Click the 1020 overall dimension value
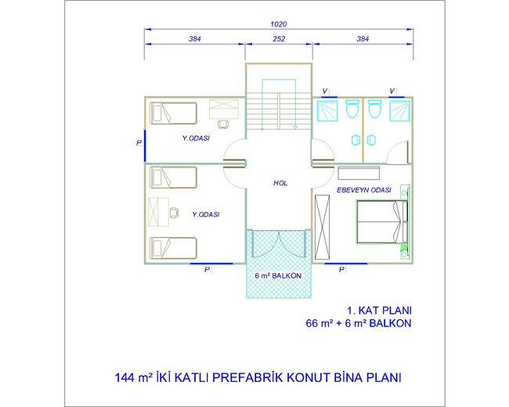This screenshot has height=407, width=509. (279, 24)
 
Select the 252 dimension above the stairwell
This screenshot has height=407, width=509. (279, 39)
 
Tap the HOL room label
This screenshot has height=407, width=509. (280, 183)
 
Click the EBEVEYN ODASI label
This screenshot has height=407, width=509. (363, 190)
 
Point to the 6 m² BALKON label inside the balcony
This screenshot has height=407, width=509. (278, 276)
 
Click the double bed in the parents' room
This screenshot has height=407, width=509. (382, 222)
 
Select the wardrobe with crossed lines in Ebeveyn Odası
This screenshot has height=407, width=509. (323, 227)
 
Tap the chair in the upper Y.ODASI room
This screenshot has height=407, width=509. (222, 124)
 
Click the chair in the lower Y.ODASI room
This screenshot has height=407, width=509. (175, 212)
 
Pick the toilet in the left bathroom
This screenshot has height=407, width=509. (352, 109)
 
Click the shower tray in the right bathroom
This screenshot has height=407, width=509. (399, 111)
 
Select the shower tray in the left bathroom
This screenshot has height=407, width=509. (327, 111)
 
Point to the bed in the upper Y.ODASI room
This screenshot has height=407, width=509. (173, 113)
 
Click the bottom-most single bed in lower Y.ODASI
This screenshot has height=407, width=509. (173, 248)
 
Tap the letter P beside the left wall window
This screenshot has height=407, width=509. (139, 142)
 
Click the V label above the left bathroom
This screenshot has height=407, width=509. (325, 92)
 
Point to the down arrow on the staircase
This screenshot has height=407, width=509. (295, 128)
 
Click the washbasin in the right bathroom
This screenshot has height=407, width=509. (370, 140)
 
